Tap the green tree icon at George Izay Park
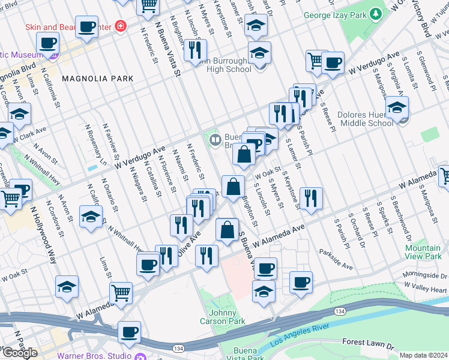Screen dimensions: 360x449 coord(376,13)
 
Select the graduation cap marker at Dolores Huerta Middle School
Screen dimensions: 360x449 coord(397,107)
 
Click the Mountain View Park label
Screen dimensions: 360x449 coord(423,252)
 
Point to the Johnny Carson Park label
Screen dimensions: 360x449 coord(227,317)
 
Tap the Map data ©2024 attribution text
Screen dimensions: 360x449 coord(423,355)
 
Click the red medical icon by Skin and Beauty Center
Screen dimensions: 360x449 coord(121,26)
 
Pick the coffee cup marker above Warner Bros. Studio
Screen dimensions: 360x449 coord(129,332)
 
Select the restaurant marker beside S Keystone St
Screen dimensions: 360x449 coord(311,199)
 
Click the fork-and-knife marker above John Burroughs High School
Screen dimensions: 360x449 coord(194,50)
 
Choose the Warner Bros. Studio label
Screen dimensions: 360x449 coord(94,355)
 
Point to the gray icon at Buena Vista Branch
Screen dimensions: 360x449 coord(215,140)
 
